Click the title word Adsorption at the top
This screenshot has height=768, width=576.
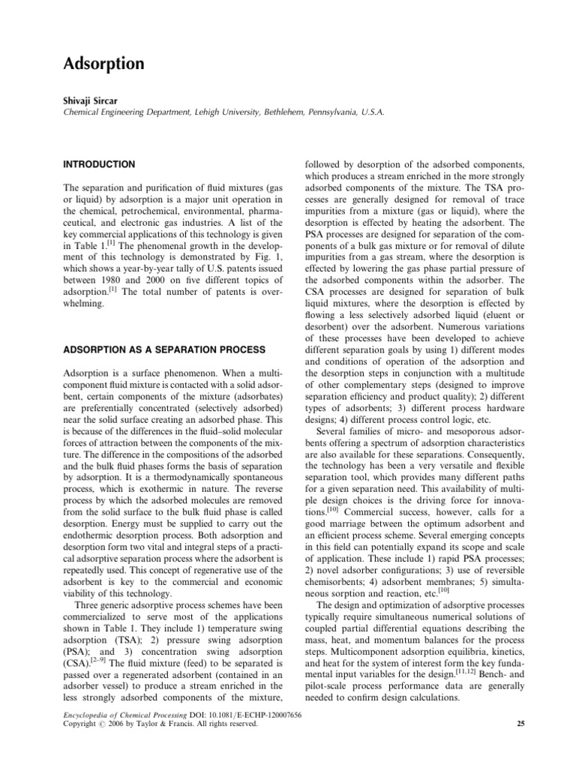tap(103, 64)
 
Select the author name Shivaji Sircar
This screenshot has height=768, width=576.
tap(90, 100)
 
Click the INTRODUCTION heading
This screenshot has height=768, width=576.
tap(100, 164)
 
